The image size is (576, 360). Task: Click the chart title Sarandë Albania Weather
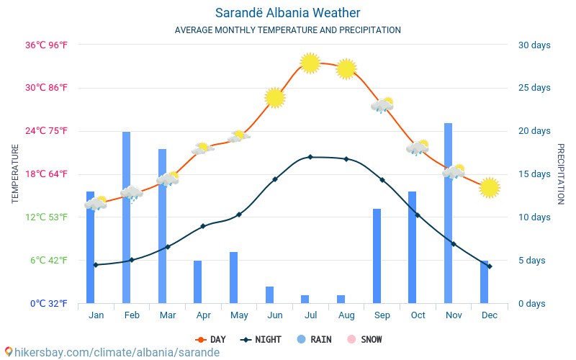(x=287, y=13)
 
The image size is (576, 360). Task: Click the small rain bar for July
(x=305, y=299)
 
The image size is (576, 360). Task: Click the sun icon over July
(x=310, y=63)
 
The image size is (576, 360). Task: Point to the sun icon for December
(x=490, y=187)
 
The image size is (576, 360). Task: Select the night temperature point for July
(x=310, y=157)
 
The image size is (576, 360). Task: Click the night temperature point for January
(x=96, y=265)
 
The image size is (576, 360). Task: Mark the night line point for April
(x=203, y=226)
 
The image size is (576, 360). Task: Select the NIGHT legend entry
(x=263, y=339)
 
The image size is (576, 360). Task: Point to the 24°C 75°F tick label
(x=47, y=131)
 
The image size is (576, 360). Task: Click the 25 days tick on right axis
(x=534, y=88)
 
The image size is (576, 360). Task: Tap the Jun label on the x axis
(x=274, y=315)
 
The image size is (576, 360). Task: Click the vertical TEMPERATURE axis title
(x=15, y=174)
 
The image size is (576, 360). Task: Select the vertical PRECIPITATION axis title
(x=561, y=174)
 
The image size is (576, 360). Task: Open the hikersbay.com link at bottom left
(x=112, y=352)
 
